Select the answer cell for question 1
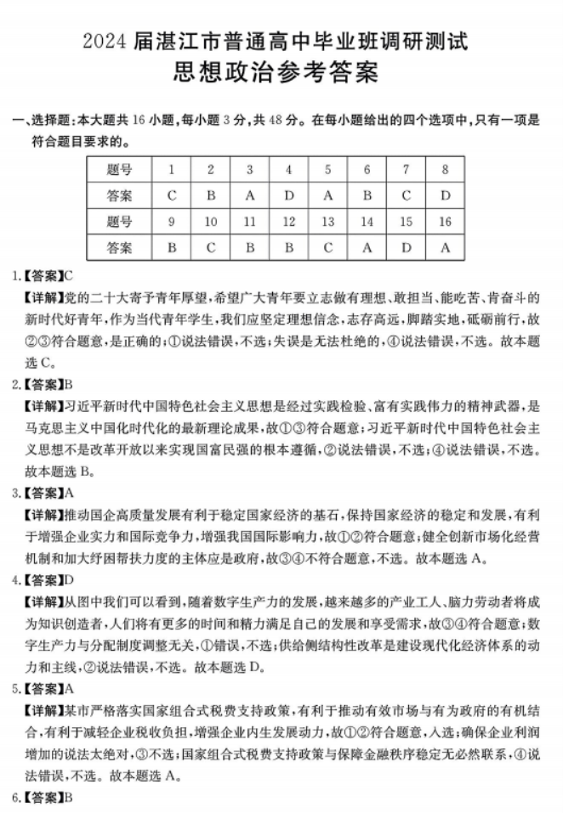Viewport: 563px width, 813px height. point(173,195)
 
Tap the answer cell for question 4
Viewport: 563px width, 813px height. point(289,195)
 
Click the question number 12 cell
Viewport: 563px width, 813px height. point(289,222)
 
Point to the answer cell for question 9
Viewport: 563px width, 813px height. point(173,248)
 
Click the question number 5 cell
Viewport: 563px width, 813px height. point(328,169)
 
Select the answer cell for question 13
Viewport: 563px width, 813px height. point(328,248)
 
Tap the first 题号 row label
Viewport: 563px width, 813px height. point(120,169)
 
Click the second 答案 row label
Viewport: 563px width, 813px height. point(120,248)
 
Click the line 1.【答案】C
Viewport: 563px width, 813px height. point(41,276)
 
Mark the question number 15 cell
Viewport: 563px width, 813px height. point(406,222)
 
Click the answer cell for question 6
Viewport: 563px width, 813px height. point(367,195)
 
